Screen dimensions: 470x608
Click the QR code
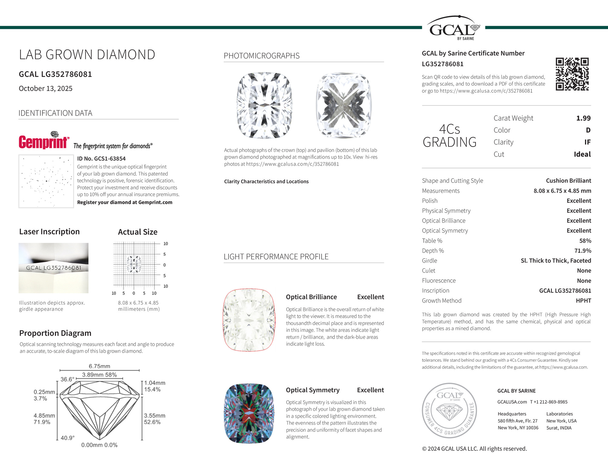[x=572, y=74]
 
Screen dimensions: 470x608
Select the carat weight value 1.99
[x=583, y=118]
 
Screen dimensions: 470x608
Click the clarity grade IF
[x=587, y=142]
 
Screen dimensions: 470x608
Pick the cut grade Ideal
[x=582, y=154]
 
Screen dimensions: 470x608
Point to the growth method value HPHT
[x=583, y=300]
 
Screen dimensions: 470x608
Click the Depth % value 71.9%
[x=583, y=251]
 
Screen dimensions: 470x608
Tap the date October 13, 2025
[x=46, y=89]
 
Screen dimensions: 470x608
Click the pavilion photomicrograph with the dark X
[x=343, y=105]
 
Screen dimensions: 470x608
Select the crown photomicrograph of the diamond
[x=265, y=105]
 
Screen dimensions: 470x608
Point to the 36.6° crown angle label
[x=67, y=379]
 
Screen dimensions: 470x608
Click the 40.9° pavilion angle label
[x=68, y=438]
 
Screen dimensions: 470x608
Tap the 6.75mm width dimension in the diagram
[x=99, y=366]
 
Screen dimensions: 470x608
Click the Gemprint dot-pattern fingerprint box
[x=46, y=181]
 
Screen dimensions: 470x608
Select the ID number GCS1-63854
[x=101, y=159]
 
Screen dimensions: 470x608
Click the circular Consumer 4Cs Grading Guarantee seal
[x=449, y=410]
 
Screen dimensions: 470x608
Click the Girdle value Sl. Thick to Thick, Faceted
[x=556, y=261]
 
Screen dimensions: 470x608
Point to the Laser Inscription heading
[x=49, y=232]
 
